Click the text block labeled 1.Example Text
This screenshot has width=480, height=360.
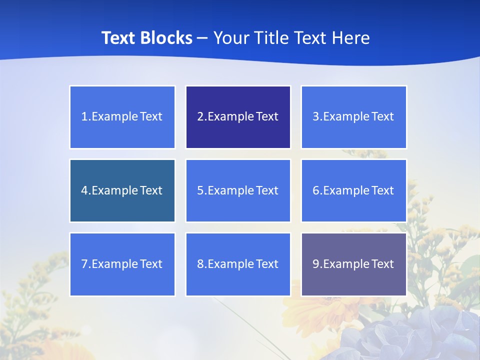click(x=122, y=117)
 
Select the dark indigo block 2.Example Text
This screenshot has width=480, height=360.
click(x=238, y=117)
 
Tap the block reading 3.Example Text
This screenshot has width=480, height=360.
click(x=353, y=117)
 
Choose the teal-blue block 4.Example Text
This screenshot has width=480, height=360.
click(x=122, y=190)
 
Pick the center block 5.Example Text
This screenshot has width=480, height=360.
click(x=238, y=190)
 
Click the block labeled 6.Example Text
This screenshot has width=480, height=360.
click(x=353, y=190)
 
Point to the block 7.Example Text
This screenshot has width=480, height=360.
click(x=122, y=264)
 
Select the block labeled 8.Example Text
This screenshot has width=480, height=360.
click(x=238, y=264)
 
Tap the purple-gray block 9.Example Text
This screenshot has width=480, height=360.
click(x=353, y=264)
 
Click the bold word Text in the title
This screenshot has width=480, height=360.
click(x=118, y=38)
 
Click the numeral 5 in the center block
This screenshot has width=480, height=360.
click(x=200, y=190)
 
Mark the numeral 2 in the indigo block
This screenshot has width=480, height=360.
click(x=200, y=117)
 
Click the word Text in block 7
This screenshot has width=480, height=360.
click(x=151, y=264)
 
